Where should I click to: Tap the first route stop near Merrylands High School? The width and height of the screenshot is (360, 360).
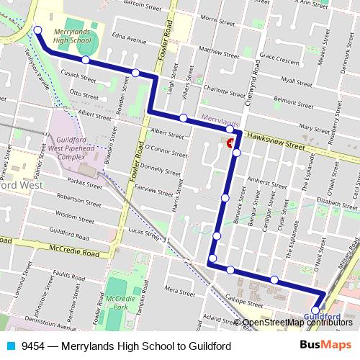[37, 31]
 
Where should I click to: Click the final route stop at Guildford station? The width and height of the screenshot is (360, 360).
[316, 310]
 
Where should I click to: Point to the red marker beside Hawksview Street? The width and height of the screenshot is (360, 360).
[231, 143]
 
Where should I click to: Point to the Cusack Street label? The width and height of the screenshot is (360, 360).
[74, 74]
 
